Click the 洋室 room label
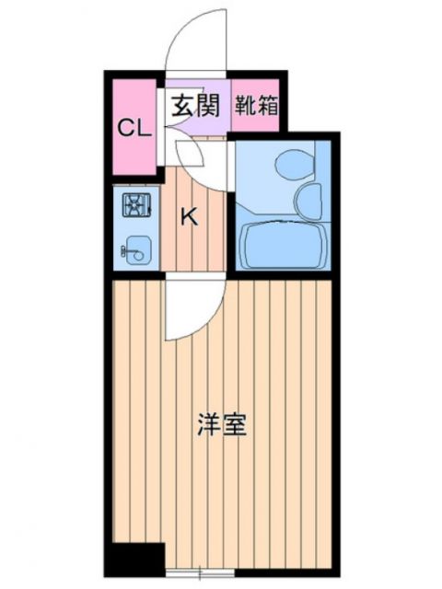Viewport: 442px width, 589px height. coord(222,425)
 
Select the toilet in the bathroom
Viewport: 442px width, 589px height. coord(293,164)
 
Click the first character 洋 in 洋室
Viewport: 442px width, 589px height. coord(209,425)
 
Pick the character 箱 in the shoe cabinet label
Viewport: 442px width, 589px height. coord(266,102)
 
